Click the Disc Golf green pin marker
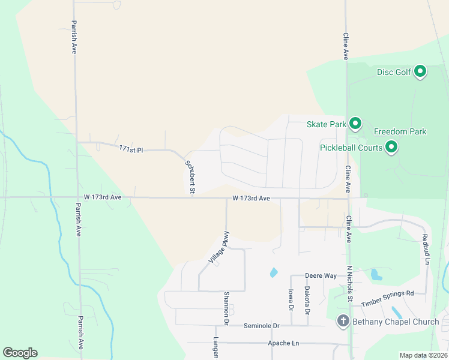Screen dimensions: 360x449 tap(420, 71)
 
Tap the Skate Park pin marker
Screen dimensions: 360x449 tap(355, 124)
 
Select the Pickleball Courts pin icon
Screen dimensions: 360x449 tap(391, 146)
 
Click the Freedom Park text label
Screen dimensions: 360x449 tap(400, 131)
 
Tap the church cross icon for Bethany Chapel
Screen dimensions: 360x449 tap(343, 322)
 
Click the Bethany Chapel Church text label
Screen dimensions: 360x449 tap(396, 322)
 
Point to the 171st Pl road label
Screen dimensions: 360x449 tap(130, 149)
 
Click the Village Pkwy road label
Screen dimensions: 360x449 tap(218, 247)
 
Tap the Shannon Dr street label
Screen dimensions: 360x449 tap(226, 308)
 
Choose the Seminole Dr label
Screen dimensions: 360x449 tap(262, 326)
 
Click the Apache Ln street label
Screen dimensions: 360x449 tap(282, 343)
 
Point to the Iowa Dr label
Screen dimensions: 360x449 tap(290, 299)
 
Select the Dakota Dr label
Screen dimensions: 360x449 tap(307, 300)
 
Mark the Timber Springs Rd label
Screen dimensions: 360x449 tap(388, 293)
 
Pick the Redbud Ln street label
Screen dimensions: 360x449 tap(425, 249)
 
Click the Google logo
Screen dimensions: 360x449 tap(20, 353)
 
